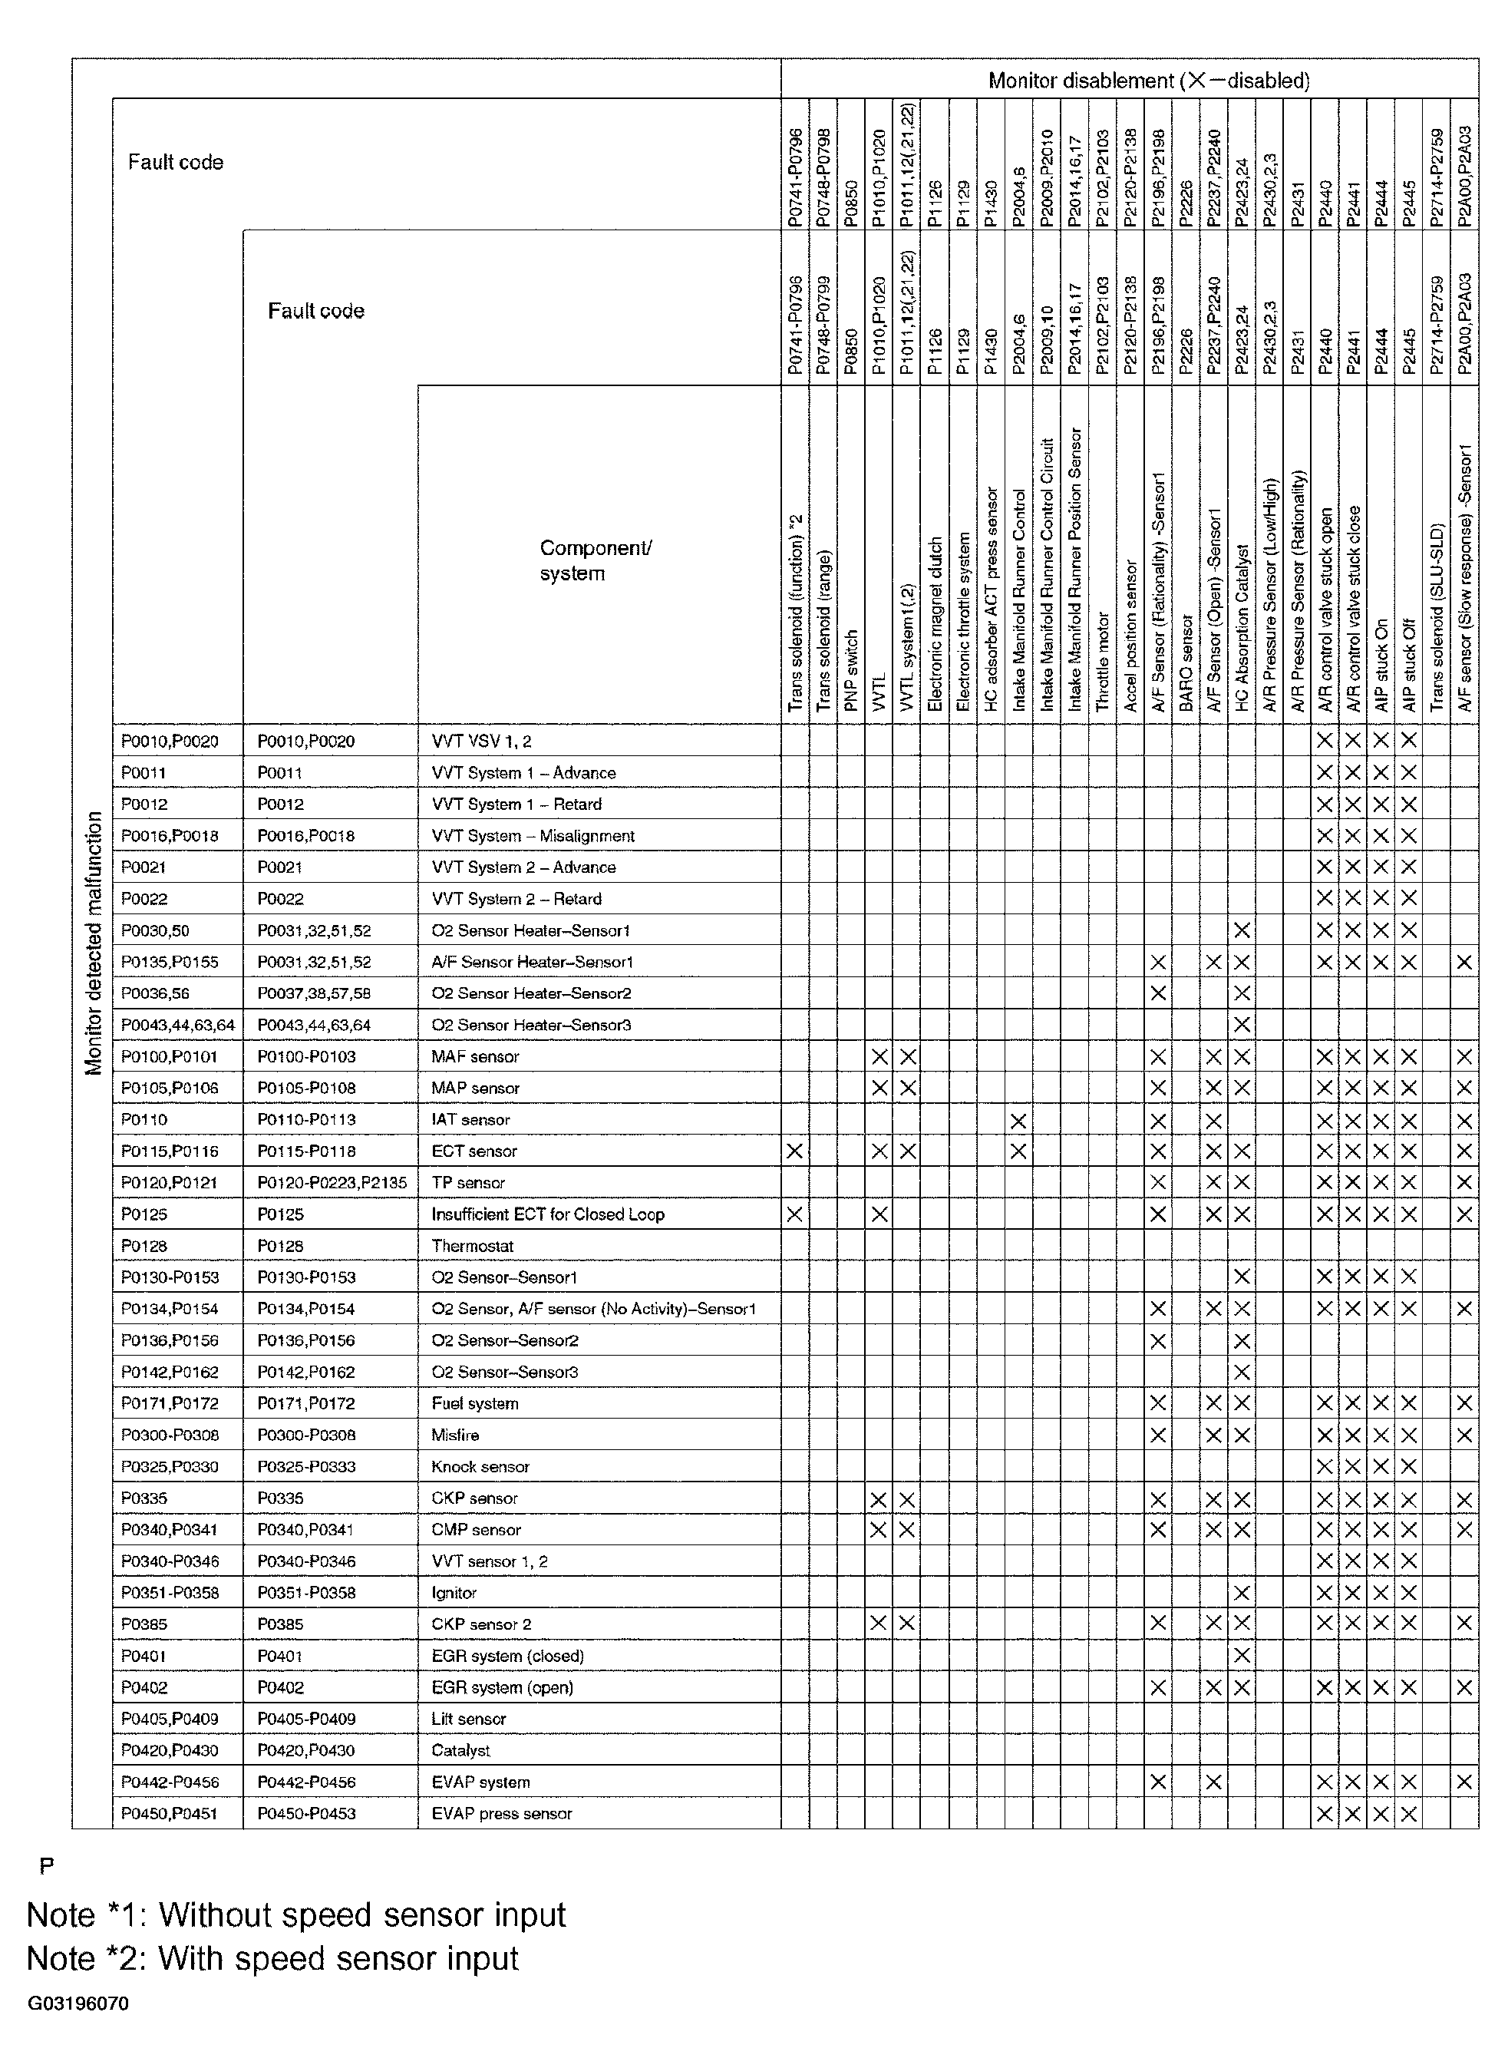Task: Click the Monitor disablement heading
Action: click(x=1148, y=81)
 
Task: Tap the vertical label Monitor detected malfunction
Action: click(x=93, y=942)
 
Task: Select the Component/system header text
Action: click(x=596, y=560)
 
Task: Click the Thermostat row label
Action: click(x=472, y=1245)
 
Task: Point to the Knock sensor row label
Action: click(x=480, y=1466)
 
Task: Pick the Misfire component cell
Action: click(x=456, y=1435)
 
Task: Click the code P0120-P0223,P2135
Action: click(x=332, y=1182)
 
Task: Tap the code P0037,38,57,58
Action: click(x=314, y=993)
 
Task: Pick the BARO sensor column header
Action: click(x=1186, y=663)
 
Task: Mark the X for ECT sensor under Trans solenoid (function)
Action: click(x=795, y=1151)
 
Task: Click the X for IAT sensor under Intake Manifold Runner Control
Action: click(x=1018, y=1120)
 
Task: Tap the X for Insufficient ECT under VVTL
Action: click(x=879, y=1214)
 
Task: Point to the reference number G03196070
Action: click(x=78, y=2004)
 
